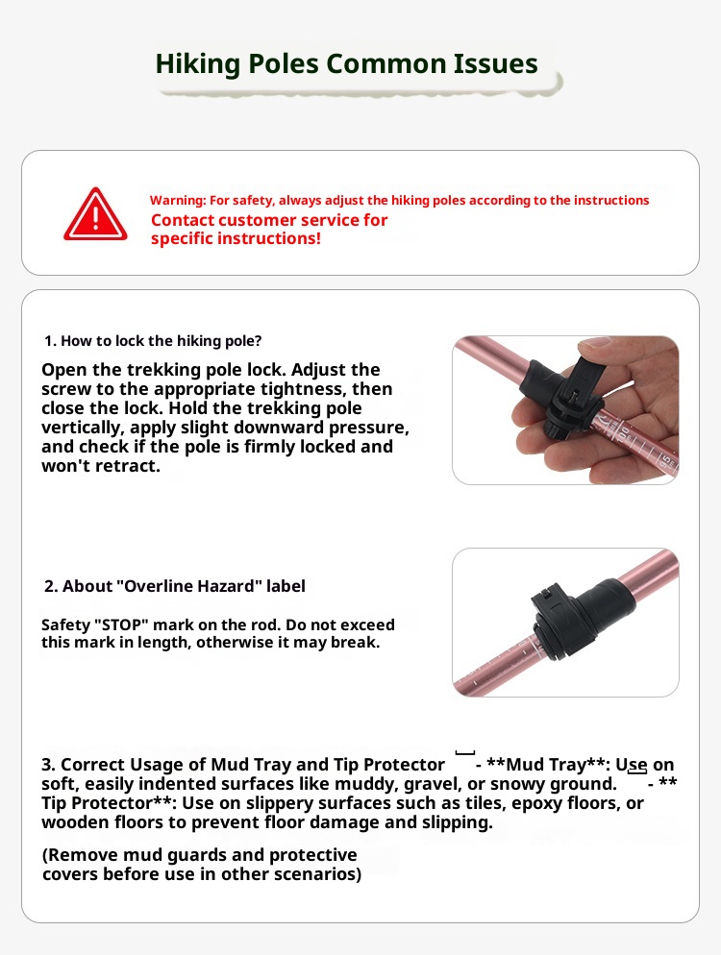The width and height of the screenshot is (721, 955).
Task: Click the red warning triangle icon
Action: tap(95, 214)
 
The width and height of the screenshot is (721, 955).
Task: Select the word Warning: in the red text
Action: tap(178, 201)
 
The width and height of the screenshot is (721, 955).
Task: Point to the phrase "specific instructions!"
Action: tap(236, 238)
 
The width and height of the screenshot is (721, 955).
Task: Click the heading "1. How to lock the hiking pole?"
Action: tap(153, 340)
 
